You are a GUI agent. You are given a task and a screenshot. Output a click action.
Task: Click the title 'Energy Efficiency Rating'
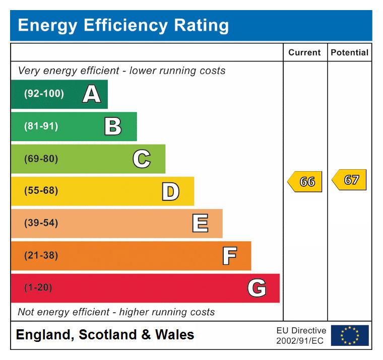coord(123,25)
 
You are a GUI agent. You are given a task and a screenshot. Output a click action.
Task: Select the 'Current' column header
coord(304,52)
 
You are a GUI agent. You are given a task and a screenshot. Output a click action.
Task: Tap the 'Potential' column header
coord(349,52)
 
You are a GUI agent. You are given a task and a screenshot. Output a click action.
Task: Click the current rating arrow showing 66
coord(305,182)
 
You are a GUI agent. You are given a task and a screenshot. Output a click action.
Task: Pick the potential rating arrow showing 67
coord(350,180)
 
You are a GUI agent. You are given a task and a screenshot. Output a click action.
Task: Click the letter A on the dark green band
coord(91,94)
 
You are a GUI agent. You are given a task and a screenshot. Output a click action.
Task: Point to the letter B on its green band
coord(113,126)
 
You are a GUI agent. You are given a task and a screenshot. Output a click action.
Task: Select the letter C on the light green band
coord(142,159)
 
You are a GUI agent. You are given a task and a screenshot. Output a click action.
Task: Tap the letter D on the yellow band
coord(170,191)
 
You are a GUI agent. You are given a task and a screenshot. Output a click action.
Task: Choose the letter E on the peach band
coord(200,224)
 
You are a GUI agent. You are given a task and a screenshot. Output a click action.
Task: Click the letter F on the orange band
coord(229,256)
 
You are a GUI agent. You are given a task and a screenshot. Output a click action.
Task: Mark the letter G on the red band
coord(257,288)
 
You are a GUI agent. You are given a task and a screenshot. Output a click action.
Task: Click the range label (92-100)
coord(44,94)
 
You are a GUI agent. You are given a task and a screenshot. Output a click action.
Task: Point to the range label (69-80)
coord(41,159)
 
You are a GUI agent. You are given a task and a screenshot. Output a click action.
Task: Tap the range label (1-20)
coord(38,288)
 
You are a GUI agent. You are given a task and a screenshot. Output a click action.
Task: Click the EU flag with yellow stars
coord(350,335)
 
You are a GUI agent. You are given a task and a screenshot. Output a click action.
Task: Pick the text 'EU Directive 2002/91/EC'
coord(301,336)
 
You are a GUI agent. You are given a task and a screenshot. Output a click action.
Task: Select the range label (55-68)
coord(41,191)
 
